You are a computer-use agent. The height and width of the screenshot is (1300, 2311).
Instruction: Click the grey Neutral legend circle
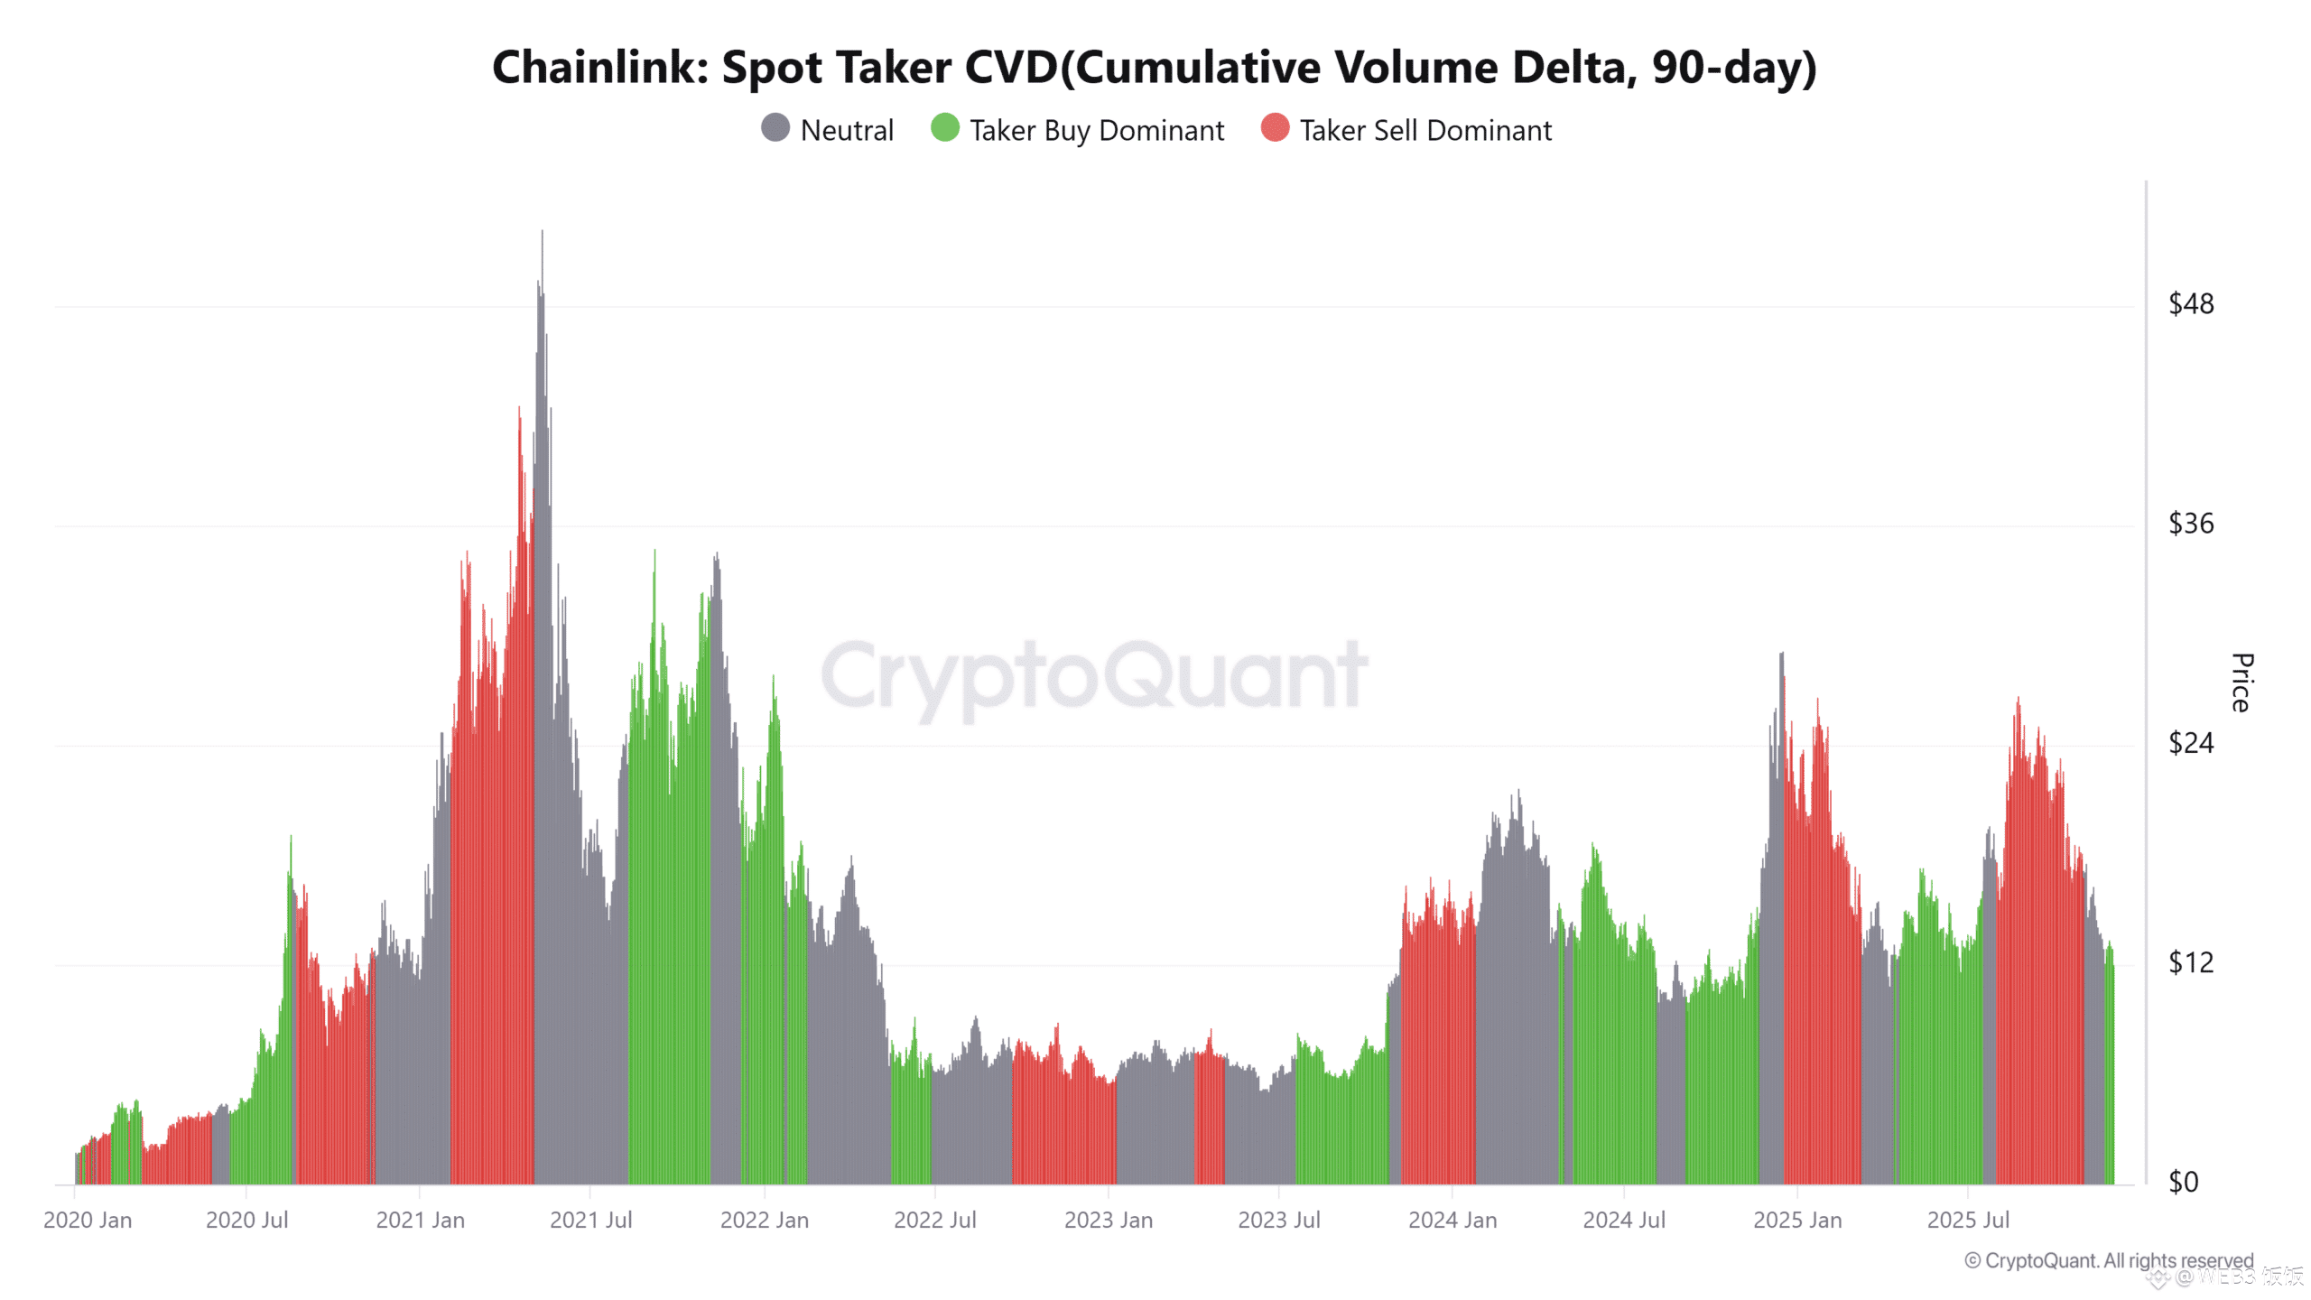tap(775, 128)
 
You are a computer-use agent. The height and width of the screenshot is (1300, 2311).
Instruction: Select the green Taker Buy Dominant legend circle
tap(945, 128)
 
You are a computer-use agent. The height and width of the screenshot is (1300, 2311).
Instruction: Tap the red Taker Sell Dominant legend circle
tap(1275, 128)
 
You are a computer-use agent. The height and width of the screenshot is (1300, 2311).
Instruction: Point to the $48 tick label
tap(2191, 304)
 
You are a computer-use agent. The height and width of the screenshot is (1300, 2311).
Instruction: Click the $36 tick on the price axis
tap(2191, 524)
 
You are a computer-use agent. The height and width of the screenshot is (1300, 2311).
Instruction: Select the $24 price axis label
tap(2191, 743)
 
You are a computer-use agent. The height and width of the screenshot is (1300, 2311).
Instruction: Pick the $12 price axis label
tap(2191, 962)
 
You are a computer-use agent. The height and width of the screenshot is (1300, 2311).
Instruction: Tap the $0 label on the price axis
tap(2184, 1182)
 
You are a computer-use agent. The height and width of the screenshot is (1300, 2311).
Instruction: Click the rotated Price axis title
tap(2241, 682)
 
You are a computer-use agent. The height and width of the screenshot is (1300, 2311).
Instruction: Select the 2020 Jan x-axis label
tap(88, 1221)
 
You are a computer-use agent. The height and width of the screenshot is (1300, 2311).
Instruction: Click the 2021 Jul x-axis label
tap(590, 1221)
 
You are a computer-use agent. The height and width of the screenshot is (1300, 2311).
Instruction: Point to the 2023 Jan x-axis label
tap(1108, 1221)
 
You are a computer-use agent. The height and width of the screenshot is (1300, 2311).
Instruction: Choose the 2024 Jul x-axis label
tap(1623, 1221)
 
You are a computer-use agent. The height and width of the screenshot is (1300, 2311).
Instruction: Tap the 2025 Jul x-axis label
tap(1968, 1221)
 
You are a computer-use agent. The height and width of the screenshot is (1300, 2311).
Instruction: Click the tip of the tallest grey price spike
tap(542, 233)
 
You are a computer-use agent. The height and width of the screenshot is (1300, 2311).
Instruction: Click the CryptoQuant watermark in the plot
tap(1094, 675)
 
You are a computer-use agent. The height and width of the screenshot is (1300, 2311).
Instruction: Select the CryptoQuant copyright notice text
tap(2109, 1260)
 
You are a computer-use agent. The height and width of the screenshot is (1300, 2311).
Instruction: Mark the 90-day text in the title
tap(1722, 68)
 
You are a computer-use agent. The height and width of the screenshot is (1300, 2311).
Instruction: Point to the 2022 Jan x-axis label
tap(764, 1221)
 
